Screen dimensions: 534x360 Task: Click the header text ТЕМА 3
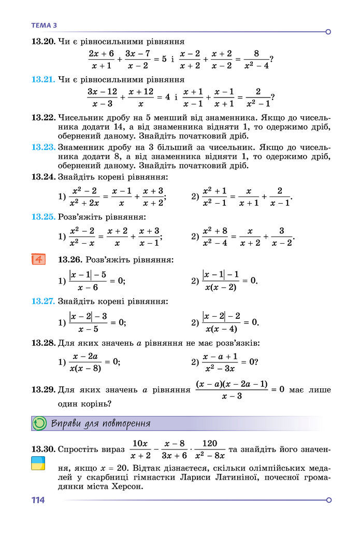[x=44, y=24]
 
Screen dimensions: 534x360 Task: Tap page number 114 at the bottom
[x=38, y=500]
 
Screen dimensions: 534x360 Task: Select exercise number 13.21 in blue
[x=43, y=80]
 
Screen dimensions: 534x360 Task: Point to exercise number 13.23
[x=43, y=147]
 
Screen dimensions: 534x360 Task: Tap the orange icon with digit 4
[x=39, y=259]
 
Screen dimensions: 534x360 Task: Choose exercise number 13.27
[x=43, y=301]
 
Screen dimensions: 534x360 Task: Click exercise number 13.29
[x=43, y=389]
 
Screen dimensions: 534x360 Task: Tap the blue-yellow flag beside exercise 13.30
[x=38, y=463]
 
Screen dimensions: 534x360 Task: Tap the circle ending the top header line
[x=328, y=32]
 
